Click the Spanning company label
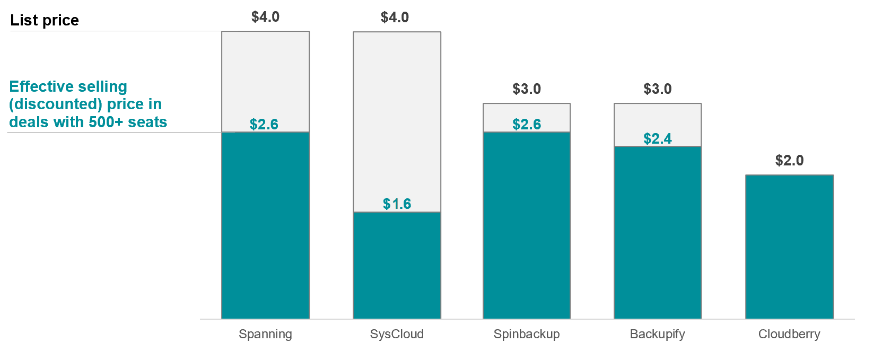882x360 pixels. [265, 334]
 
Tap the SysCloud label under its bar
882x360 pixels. [397, 334]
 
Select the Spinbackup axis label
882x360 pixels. [527, 334]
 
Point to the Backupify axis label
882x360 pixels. [657, 334]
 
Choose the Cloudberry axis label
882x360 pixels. [789, 334]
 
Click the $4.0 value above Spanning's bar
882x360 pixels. [265, 17]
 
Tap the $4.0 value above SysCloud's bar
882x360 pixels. [395, 17]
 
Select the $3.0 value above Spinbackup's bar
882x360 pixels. [527, 89]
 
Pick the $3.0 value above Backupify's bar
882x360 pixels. [658, 89]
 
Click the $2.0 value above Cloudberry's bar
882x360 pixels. [789, 161]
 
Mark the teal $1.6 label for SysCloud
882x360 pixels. [397, 204]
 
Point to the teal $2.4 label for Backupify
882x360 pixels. [658, 139]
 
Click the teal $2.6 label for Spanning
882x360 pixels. [264, 125]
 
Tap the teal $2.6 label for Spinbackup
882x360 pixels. [527, 125]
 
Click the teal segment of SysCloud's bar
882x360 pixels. [397, 265]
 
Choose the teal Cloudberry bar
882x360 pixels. [789, 247]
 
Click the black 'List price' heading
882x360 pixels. [45, 20]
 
